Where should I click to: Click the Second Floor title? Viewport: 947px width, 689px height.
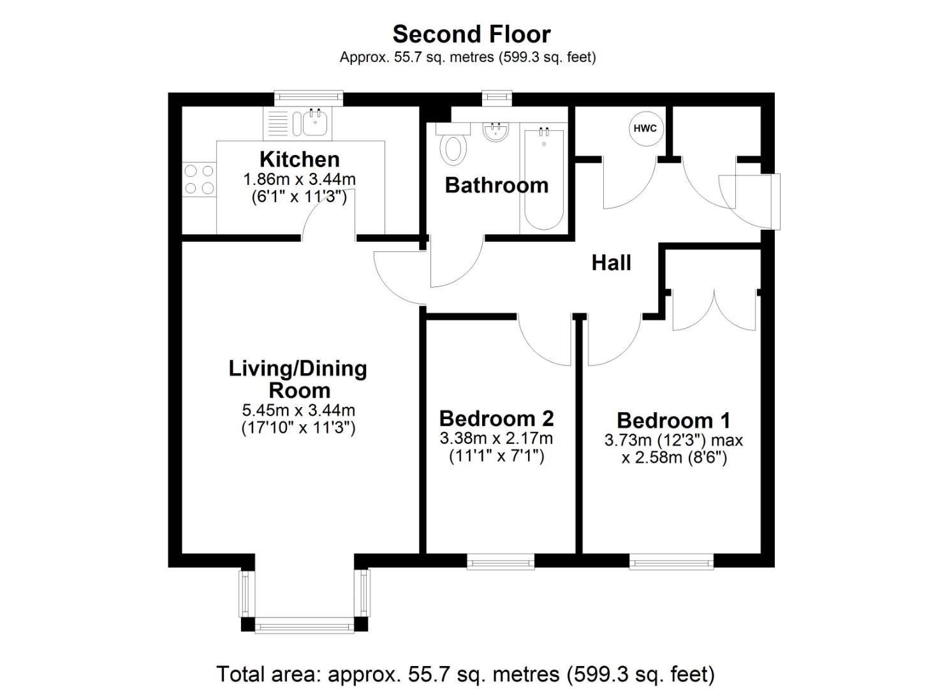(x=471, y=34)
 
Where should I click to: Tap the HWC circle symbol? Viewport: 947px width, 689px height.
(x=645, y=128)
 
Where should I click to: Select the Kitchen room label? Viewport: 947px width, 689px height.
(x=299, y=159)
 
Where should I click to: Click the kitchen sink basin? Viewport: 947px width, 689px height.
(x=314, y=122)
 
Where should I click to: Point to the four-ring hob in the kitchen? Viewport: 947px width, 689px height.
(x=199, y=179)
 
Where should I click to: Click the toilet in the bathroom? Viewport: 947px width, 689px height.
(x=453, y=147)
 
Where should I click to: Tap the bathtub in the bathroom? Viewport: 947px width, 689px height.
(x=543, y=180)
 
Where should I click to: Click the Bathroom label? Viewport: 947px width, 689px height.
(x=496, y=185)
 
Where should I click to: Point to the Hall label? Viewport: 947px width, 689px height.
(x=611, y=262)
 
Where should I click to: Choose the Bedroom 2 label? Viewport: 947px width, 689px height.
(x=496, y=419)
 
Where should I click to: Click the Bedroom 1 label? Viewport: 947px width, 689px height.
(x=673, y=420)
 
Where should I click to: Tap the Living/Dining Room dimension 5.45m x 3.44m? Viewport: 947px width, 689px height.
(x=298, y=410)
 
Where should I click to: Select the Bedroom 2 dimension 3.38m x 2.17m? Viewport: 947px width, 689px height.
(x=496, y=438)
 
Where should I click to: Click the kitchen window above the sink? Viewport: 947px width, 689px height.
(x=309, y=98)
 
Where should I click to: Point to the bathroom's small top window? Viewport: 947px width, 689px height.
(x=497, y=97)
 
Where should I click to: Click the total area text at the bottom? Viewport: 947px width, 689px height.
(x=466, y=674)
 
